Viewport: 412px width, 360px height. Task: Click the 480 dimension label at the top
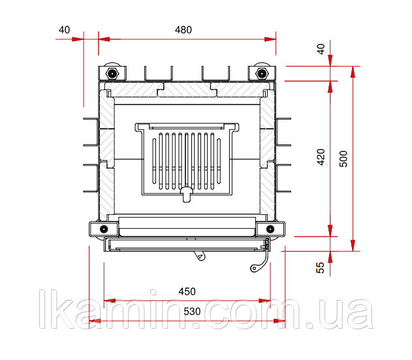(183, 29)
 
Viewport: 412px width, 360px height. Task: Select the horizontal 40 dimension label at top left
(64, 29)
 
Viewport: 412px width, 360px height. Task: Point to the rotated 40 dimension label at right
(321, 49)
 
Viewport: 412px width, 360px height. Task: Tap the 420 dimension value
(321, 157)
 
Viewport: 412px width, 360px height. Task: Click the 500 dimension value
(343, 159)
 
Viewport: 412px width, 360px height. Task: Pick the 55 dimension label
(321, 268)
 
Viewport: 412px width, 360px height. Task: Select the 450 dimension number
(187, 291)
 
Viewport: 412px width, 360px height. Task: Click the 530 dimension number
(192, 312)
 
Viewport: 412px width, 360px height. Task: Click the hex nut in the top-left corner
(112, 73)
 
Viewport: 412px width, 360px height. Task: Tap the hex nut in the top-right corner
(262, 73)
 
